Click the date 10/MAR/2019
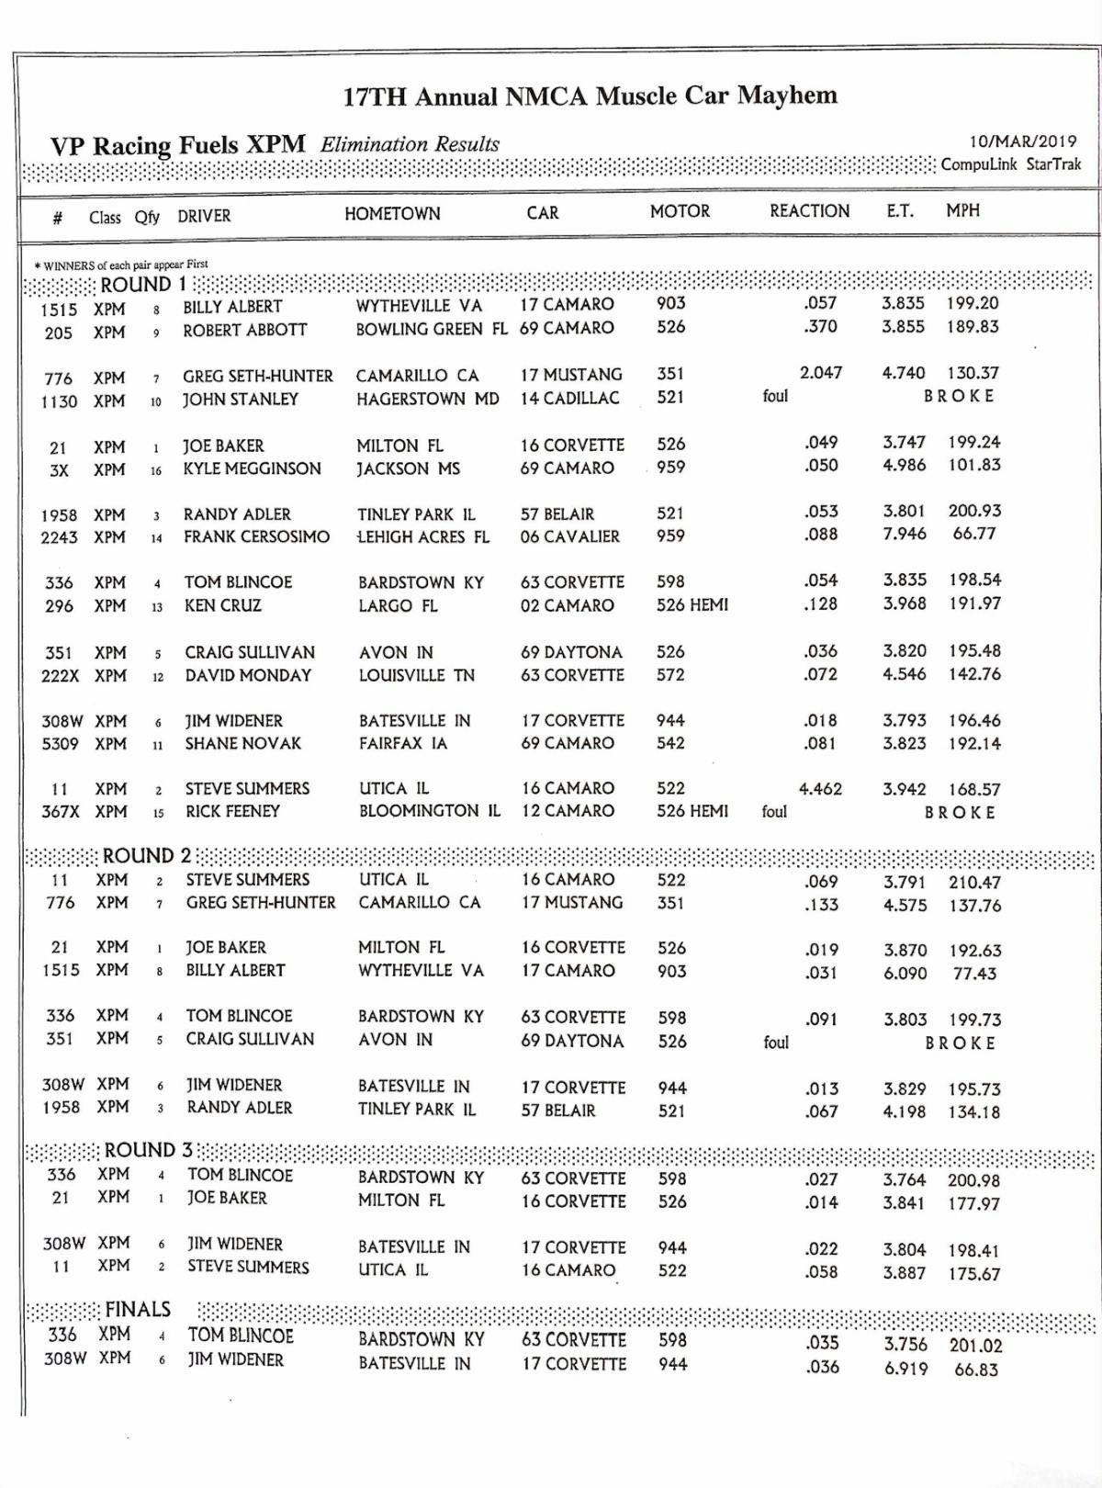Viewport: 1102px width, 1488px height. [x=1022, y=142]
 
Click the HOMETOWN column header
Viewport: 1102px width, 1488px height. [x=392, y=214]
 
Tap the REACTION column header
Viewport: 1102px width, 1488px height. [x=809, y=211]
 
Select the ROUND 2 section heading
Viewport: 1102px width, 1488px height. [x=147, y=856]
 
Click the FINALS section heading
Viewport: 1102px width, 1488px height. [x=138, y=1309]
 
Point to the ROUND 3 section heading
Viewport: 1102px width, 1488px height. [x=149, y=1150]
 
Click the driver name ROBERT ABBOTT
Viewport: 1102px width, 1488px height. [x=244, y=330]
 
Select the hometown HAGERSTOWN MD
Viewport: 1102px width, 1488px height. [x=427, y=399]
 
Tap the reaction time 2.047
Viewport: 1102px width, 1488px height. [x=820, y=373]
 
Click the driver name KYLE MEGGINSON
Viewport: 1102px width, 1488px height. [x=252, y=468]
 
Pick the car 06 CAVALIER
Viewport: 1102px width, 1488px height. [x=569, y=536]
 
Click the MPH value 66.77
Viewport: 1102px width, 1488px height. [x=974, y=534]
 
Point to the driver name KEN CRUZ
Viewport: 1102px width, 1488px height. [x=222, y=605]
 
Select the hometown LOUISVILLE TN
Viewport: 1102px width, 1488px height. [x=417, y=675]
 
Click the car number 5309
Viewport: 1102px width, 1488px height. [x=60, y=743]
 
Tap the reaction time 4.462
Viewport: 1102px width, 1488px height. [x=820, y=789]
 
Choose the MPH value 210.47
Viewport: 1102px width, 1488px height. [x=974, y=883]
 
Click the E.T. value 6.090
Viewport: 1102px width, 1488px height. [x=905, y=973]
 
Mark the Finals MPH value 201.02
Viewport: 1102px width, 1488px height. [x=975, y=1346]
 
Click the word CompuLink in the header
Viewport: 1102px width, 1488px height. [x=978, y=164]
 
